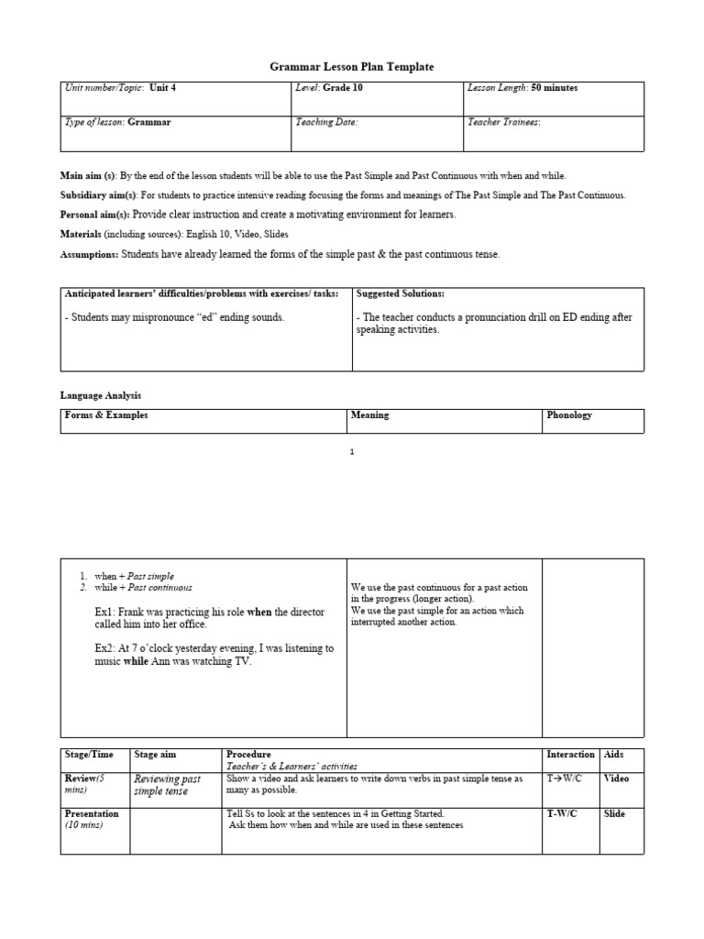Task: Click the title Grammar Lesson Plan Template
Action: [351, 67]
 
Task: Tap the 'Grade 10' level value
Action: [339, 88]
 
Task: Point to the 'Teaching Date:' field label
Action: [326, 121]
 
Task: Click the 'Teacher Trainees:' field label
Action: [504, 121]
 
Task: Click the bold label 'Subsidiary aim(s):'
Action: [99, 195]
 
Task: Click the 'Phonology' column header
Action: [569, 415]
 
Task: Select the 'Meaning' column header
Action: [369, 415]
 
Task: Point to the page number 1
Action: [352, 451]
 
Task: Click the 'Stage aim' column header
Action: [155, 755]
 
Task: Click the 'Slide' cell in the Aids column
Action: [614, 814]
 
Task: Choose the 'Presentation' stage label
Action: [92, 813]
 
